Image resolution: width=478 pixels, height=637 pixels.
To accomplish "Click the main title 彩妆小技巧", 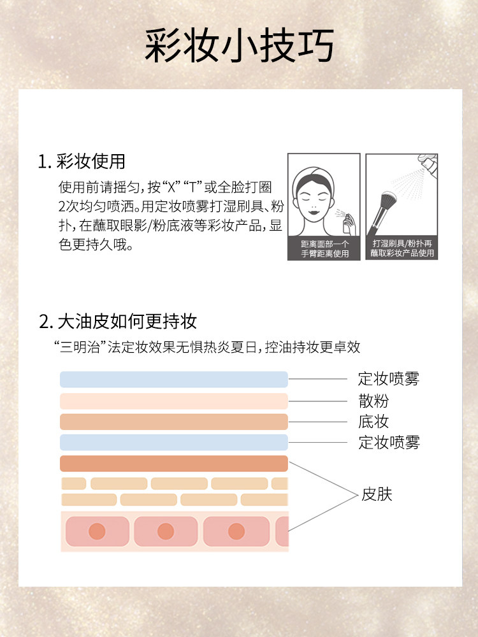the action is pos(240,45).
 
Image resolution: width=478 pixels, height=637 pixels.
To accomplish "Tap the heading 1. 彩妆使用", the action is pos(82,161).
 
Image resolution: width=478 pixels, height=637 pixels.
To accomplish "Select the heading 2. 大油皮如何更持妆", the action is pos(118,321).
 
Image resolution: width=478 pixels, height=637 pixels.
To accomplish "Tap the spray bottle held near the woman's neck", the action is pos(347,224).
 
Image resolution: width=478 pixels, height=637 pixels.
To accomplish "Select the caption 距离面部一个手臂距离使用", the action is pos(324,248).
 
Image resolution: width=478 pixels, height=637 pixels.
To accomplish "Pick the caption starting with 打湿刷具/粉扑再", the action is pos(402,248).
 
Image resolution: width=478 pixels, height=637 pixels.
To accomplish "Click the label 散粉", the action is pos(373,401).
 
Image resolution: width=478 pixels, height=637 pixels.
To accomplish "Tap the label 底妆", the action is pos(373,422).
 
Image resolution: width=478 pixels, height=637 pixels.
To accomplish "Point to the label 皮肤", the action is pos(377,494).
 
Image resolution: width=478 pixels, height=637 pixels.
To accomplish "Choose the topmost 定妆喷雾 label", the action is pos(389,378).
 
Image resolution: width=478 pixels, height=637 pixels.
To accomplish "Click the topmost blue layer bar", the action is pos(174,380).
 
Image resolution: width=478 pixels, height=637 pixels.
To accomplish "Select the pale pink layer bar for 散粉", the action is pos(174,401).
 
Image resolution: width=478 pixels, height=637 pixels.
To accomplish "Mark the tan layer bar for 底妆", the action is pos(174,422).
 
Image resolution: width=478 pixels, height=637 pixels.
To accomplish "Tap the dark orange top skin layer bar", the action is pos(174,464).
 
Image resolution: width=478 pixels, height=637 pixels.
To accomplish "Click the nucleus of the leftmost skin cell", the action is pos(97,531).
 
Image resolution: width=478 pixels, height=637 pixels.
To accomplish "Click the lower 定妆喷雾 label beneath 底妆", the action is pos(389,443).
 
